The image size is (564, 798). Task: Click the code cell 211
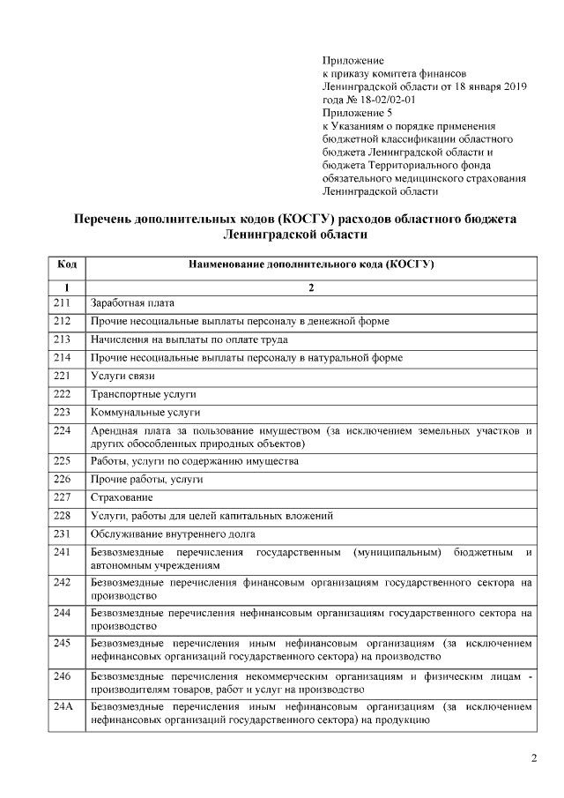click(62, 303)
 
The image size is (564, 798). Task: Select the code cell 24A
click(63, 706)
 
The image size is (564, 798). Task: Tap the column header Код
click(66, 264)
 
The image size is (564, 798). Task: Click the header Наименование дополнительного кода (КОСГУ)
click(311, 264)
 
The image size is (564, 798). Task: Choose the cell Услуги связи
click(116, 376)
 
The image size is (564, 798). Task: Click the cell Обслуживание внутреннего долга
click(172, 533)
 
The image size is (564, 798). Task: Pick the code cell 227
click(62, 497)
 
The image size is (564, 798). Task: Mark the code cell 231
click(62, 533)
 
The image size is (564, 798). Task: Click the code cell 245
click(62, 643)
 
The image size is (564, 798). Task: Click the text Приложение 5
click(357, 113)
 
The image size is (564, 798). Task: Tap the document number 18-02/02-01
click(380, 100)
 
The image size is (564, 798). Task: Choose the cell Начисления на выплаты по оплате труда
click(189, 339)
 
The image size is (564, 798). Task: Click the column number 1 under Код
click(66, 287)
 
